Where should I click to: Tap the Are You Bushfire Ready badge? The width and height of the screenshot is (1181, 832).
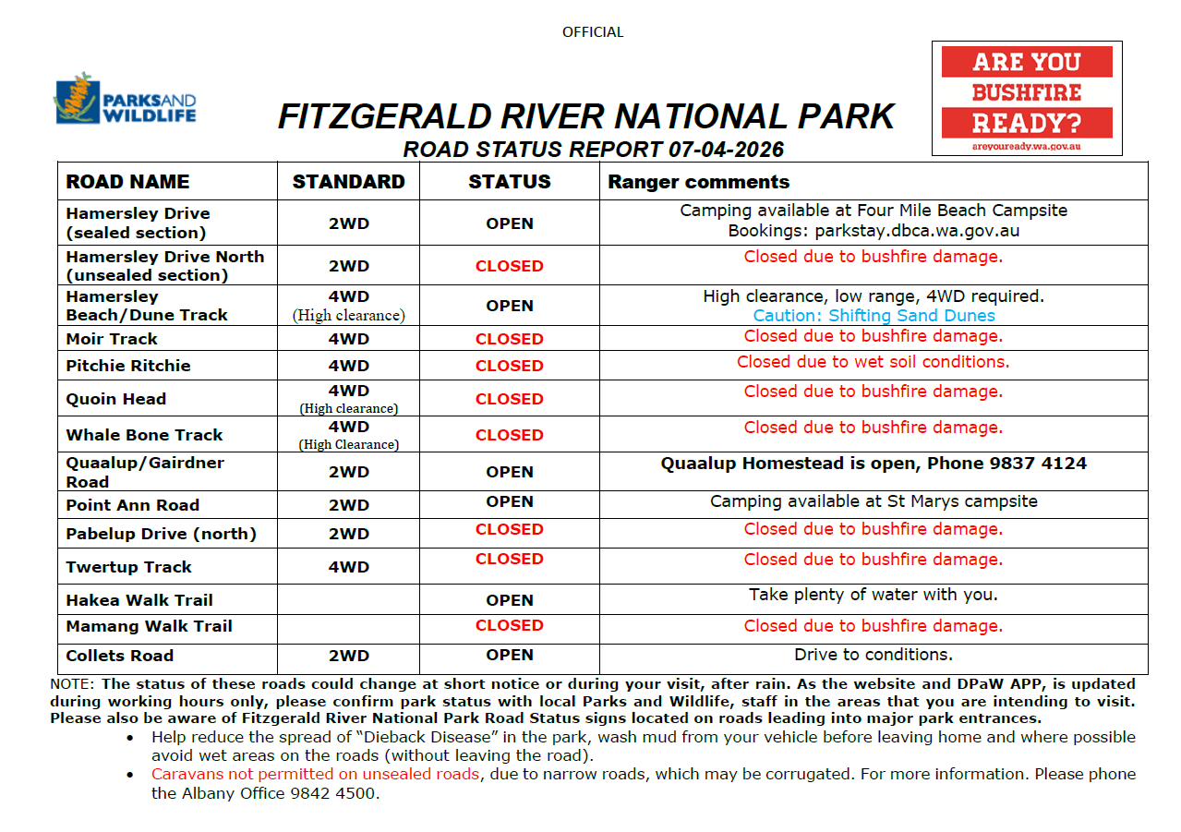coord(1027,97)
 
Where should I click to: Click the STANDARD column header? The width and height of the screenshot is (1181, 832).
coord(348,182)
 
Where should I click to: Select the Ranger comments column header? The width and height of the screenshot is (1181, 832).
coord(698,182)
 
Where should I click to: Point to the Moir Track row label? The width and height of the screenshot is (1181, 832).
coord(112,339)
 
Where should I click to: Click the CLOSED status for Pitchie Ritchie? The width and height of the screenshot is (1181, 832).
coord(509,366)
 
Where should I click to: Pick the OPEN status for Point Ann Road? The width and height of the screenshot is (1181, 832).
coord(509,501)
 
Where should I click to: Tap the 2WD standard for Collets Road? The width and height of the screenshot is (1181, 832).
coord(348,656)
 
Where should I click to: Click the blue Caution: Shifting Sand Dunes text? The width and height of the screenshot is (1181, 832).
coord(874,316)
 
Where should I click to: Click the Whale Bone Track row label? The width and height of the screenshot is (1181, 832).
coord(144,435)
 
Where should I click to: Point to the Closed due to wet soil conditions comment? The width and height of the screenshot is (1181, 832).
coord(873,362)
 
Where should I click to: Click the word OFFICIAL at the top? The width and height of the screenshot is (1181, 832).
coord(592,32)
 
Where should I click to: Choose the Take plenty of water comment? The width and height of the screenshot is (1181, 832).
coord(873,595)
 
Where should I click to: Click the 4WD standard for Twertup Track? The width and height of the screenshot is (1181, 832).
coord(348,567)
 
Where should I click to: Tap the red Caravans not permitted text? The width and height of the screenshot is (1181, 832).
coord(315,774)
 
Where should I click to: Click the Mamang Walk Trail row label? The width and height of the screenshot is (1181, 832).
coord(149,626)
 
